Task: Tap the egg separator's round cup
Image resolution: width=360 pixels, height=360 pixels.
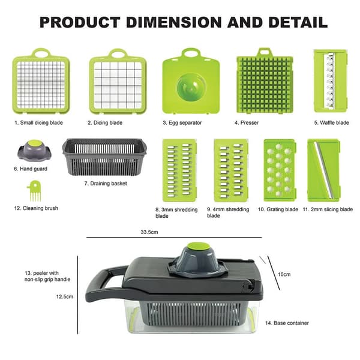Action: coord(191,87)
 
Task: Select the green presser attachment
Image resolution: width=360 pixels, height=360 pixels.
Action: coord(265,81)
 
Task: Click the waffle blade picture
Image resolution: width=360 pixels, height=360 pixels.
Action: coord(331,81)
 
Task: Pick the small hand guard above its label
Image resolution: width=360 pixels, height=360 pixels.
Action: coord(34,151)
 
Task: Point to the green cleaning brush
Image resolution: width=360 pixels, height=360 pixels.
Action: coord(34,191)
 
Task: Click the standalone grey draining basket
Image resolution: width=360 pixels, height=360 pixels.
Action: coord(104,157)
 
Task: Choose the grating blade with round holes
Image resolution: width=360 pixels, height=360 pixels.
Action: coord(280,170)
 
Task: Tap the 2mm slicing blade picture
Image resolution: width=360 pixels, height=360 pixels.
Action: coord(323,170)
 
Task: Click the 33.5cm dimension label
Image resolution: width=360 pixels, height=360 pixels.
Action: coord(149,232)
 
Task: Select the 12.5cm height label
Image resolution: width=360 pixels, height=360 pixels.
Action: coord(65,296)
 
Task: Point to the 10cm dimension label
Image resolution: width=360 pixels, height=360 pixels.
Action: coord(284,274)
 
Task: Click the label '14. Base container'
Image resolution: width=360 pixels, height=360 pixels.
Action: coord(287,323)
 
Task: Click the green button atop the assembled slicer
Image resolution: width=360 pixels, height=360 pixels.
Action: coord(199,247)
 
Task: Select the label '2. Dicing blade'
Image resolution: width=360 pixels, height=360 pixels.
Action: coord(105,123)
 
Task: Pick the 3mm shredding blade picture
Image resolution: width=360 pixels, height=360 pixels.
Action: coord(179,170)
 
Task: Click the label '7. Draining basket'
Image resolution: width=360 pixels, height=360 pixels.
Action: coord(106,184)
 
